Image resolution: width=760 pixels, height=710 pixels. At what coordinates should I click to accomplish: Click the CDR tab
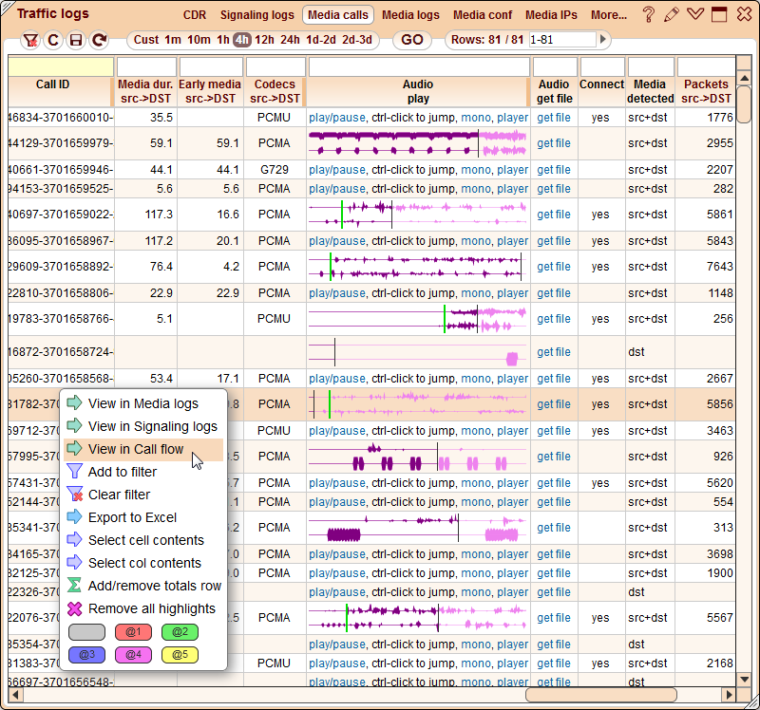(195, 15)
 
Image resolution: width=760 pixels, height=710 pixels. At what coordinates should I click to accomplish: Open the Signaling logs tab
(257, 15)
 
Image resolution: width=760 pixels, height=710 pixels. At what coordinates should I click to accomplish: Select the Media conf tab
(483, 15)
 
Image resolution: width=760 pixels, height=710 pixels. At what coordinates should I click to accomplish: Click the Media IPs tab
(551, 15)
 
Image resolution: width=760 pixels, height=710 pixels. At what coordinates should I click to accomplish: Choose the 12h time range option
(265, 40)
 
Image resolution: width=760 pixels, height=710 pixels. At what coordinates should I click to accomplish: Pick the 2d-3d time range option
(357, 40)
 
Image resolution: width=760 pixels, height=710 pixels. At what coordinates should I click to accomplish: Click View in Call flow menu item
(136, 449)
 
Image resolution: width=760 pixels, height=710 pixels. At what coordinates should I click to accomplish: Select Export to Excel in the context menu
(132, 517)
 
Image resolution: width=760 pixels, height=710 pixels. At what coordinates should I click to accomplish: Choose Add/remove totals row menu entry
(154, 586)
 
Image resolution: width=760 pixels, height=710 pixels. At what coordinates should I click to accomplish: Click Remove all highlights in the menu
(151, 608)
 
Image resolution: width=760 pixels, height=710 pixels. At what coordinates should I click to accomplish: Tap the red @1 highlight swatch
(133, 631)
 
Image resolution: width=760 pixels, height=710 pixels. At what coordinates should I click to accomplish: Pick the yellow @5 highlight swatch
(180, 654)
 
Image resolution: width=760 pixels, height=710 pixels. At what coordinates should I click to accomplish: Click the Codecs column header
(275, 91)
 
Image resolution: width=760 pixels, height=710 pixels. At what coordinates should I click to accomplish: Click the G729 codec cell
(275, 170)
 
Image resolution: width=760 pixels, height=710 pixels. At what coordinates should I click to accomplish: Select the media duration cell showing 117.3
(145, 215)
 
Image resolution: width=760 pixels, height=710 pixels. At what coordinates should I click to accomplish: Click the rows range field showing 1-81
(561, 40)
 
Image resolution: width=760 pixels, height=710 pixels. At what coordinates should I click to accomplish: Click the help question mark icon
(649, 14)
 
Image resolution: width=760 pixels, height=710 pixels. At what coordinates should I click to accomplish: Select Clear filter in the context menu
(119, 495)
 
